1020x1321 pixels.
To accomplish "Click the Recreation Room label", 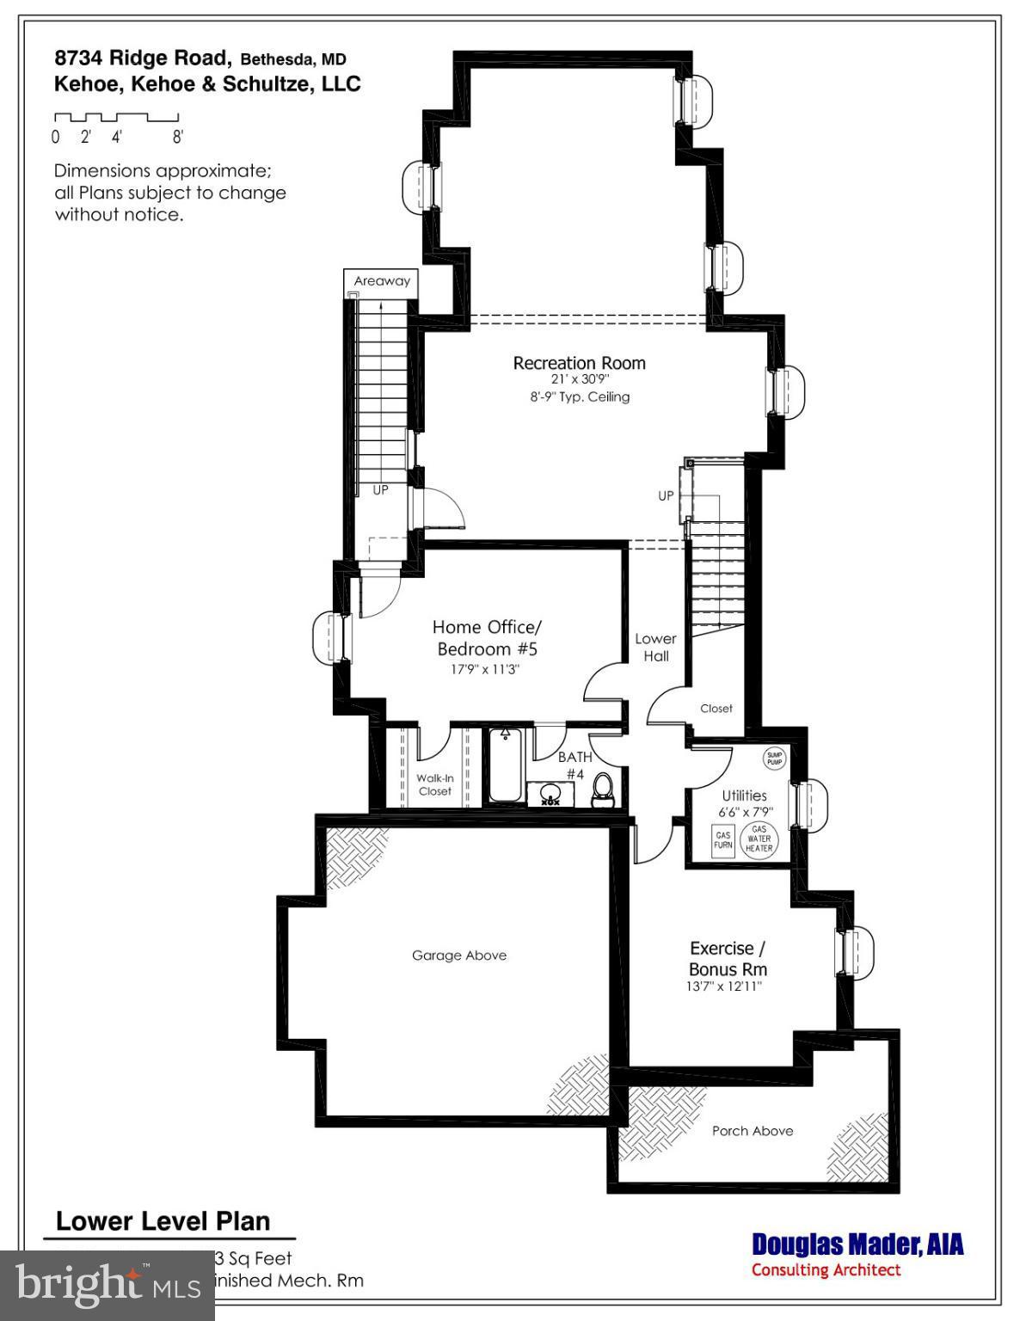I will (579, 363).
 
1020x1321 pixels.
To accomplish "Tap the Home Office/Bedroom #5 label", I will (487, 637).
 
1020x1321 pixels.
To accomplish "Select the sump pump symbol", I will (774, 758).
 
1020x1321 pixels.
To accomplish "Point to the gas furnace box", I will (722, 839).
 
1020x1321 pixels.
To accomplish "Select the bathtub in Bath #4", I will (505, 766).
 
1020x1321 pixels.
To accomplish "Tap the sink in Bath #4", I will (550, 794).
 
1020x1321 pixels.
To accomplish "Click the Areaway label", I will (382, 281).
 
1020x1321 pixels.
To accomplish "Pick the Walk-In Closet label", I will (434, 784).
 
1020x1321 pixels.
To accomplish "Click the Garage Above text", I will (459, 955).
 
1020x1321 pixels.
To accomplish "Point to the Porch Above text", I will (753, 1131).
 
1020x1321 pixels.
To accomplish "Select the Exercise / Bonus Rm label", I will (728, 958).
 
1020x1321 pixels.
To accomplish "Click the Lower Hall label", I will (655, 647).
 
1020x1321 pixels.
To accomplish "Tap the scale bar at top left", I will (116, 118).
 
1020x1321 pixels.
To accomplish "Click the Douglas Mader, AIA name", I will (857, 1244).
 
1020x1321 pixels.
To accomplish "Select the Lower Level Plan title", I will (163, 1221).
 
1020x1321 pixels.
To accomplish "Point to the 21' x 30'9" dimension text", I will (580, 379).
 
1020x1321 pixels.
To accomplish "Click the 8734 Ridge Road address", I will (143, 58).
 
